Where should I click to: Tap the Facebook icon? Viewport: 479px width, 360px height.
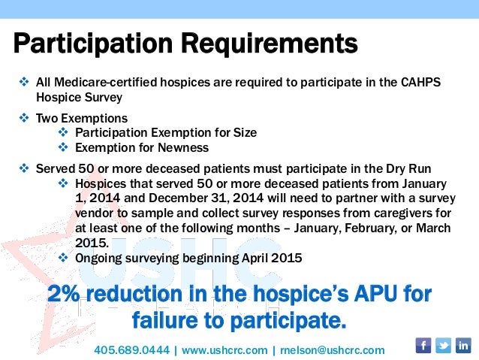[423, 345]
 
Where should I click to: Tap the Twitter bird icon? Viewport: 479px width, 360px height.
[444, 345]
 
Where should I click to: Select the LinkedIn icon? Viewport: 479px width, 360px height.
[463, 345]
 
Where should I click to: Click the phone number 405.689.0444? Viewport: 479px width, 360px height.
[131, 350]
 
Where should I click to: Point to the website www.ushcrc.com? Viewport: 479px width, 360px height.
[224, 350]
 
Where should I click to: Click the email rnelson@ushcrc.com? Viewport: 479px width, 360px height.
[332, 350]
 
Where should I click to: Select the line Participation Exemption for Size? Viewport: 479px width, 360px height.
[166, 132]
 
